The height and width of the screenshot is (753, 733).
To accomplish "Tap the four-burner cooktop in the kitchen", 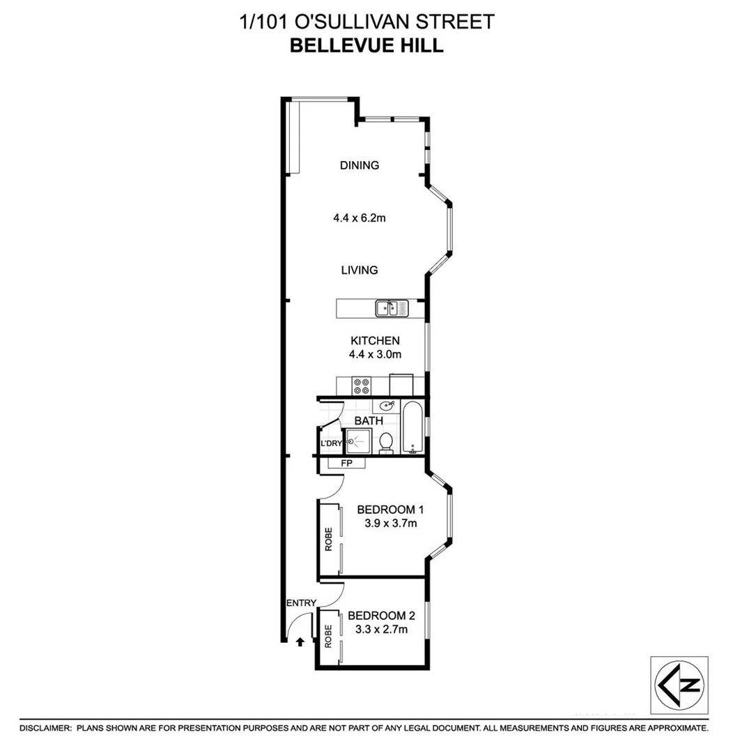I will point(362,384).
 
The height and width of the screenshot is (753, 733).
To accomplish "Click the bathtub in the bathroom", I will point(412,426).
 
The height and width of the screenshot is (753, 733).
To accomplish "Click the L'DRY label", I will point(330,444).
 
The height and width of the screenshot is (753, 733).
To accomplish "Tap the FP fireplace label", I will point(346,463).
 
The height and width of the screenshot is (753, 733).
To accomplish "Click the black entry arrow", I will point(300,641).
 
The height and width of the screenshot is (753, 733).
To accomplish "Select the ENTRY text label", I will point(301,603).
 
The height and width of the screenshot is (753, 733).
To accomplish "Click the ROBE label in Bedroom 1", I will point(329,539).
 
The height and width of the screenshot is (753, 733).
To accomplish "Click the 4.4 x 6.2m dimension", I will point(360,218).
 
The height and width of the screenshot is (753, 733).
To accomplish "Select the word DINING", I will point(360,165).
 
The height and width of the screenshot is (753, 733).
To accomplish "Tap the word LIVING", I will point(360,270).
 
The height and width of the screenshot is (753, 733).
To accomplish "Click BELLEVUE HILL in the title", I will point(366,46).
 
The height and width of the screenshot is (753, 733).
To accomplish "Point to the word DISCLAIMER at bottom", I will point(45,728).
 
